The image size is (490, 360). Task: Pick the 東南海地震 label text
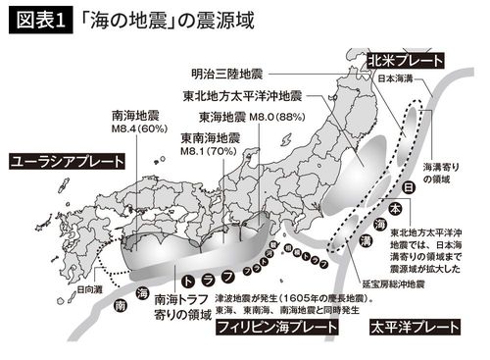pyautogui.click(x=210, y=138)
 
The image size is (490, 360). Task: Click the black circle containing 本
pyautogui.click(x=395, y=209)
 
